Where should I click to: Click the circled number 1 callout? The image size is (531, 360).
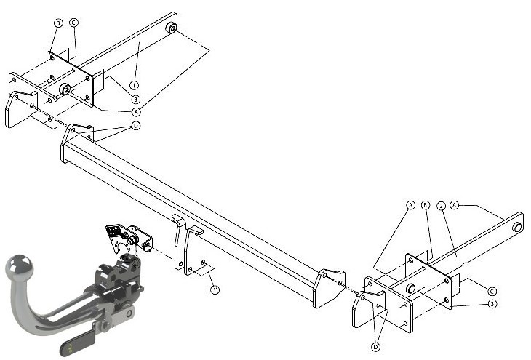(134, 85)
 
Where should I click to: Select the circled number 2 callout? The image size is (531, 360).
(441, 206)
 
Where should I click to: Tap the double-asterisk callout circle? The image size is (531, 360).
(215, 289)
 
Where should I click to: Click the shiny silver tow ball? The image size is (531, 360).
(20, 266)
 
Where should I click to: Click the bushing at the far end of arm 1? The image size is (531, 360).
(172, 28)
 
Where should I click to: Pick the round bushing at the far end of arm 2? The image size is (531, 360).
(517, 227)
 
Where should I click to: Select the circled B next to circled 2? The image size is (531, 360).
(426, 205)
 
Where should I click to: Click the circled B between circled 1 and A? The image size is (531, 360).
(135, 99)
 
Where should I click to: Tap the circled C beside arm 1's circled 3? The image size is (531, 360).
(73, 23)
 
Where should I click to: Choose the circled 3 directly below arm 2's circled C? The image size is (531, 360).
(492, 304)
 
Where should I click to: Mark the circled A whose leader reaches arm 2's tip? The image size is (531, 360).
(455, 205)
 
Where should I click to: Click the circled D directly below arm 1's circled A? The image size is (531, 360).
(136, 126)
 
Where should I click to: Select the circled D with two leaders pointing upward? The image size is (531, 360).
(375, 347)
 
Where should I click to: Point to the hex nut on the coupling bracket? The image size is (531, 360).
(132, 239)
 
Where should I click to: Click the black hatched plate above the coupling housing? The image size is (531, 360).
(114, 232)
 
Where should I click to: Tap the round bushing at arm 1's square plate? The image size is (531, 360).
(65, 89)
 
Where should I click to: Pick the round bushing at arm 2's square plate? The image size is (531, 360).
(411, 288)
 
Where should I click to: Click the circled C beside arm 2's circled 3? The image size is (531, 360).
(492, 291)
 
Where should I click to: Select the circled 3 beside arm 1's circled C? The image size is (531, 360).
(59, 23)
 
